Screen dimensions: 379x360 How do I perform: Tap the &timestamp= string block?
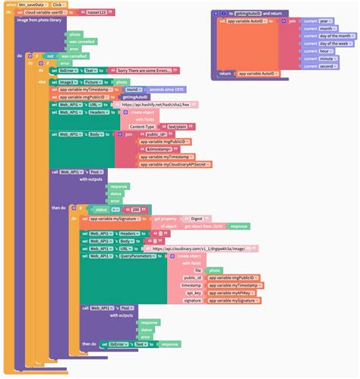[158, 149]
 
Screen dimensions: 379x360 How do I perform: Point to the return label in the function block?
[225, 74]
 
